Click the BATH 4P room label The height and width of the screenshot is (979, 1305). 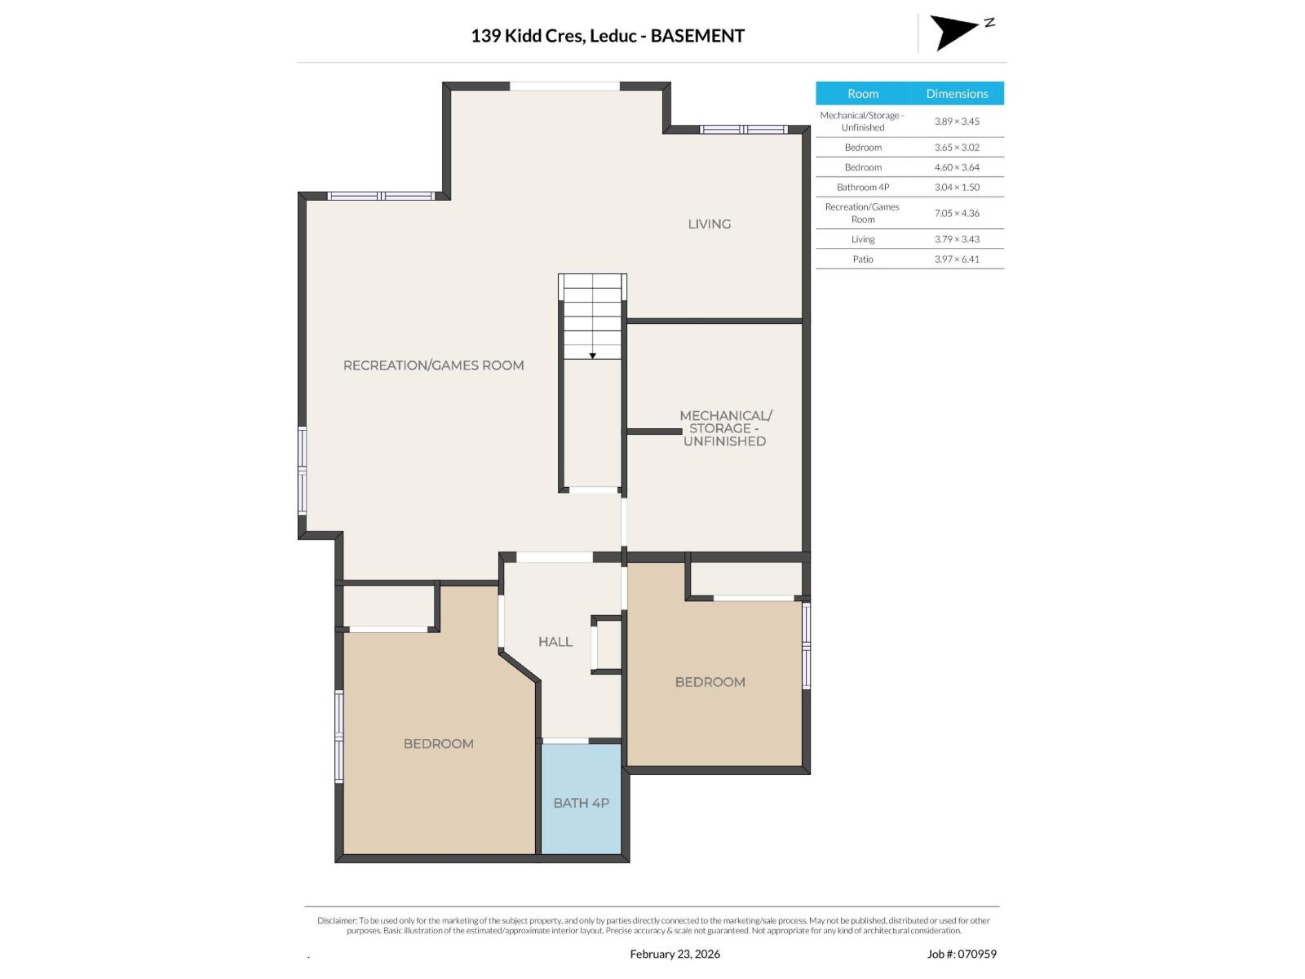coord(581,803)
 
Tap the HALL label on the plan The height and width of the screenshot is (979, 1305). coord(555,642)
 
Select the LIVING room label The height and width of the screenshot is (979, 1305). coord(709,224)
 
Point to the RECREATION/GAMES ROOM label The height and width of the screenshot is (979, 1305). coord(433,365)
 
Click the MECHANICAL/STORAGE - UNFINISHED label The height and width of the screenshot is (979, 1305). coord(725,428)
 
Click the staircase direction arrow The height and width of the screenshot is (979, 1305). coord(593,356)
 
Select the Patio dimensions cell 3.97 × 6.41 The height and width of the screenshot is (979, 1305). coord(957,259)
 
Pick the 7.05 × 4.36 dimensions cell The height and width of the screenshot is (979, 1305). coord(957,213)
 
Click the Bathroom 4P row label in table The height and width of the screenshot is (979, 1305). coord(863,187)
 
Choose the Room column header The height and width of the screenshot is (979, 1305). coord(862,94)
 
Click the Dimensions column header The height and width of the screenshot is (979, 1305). coord(957,94)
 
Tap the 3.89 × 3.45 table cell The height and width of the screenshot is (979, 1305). coord(957,122)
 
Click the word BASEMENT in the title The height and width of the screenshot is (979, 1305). coord(697,36)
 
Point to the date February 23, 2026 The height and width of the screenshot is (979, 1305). coord(675,954)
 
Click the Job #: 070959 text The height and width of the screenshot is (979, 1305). coord(962,954)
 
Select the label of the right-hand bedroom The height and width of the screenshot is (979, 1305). coord(710,682)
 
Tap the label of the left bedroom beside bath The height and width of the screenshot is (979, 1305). coord(438,744)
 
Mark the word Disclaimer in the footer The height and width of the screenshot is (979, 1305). coord(337,920)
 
